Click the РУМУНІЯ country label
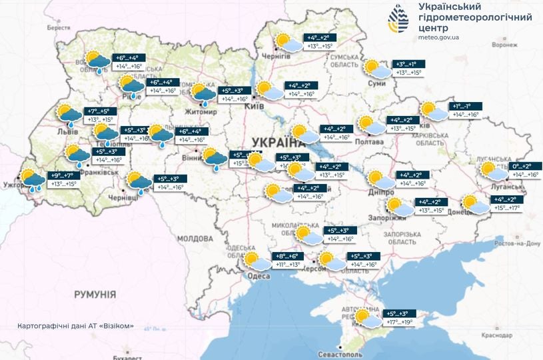click(x=95, y=294)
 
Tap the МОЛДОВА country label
click(x=195, y=238)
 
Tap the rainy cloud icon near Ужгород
click(x=31, y=180)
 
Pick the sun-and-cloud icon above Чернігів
click(x=288, y=42)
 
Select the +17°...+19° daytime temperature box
click(x=399, y=322)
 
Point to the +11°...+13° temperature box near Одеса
click(x=288, y=265)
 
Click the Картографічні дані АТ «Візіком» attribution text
click(x=76, y=326)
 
